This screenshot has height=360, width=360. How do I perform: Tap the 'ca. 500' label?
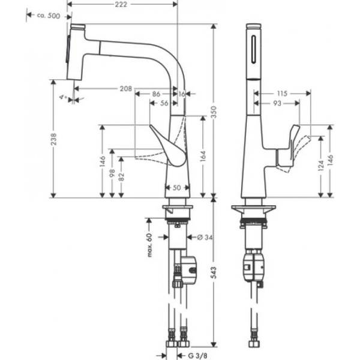48,16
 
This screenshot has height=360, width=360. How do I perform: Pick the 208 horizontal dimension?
125,89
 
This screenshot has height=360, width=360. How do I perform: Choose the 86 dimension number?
155,94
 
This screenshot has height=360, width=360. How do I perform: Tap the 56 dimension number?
163,103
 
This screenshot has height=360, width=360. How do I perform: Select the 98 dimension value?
112,174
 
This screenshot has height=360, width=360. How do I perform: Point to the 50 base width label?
177,188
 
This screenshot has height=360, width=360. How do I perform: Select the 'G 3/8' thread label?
200,354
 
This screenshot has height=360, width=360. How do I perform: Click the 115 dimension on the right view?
283,94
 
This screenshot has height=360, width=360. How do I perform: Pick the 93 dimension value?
277,103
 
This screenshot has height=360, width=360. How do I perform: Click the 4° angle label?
62,95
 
